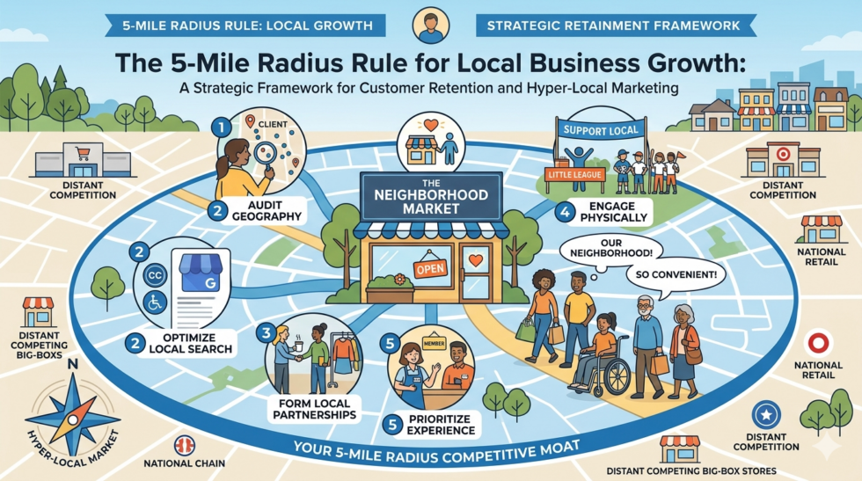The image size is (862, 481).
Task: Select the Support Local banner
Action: pos(598,131)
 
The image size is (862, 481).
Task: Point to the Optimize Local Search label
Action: pos(191,343)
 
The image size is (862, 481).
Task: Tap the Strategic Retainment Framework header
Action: pos(614,26)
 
